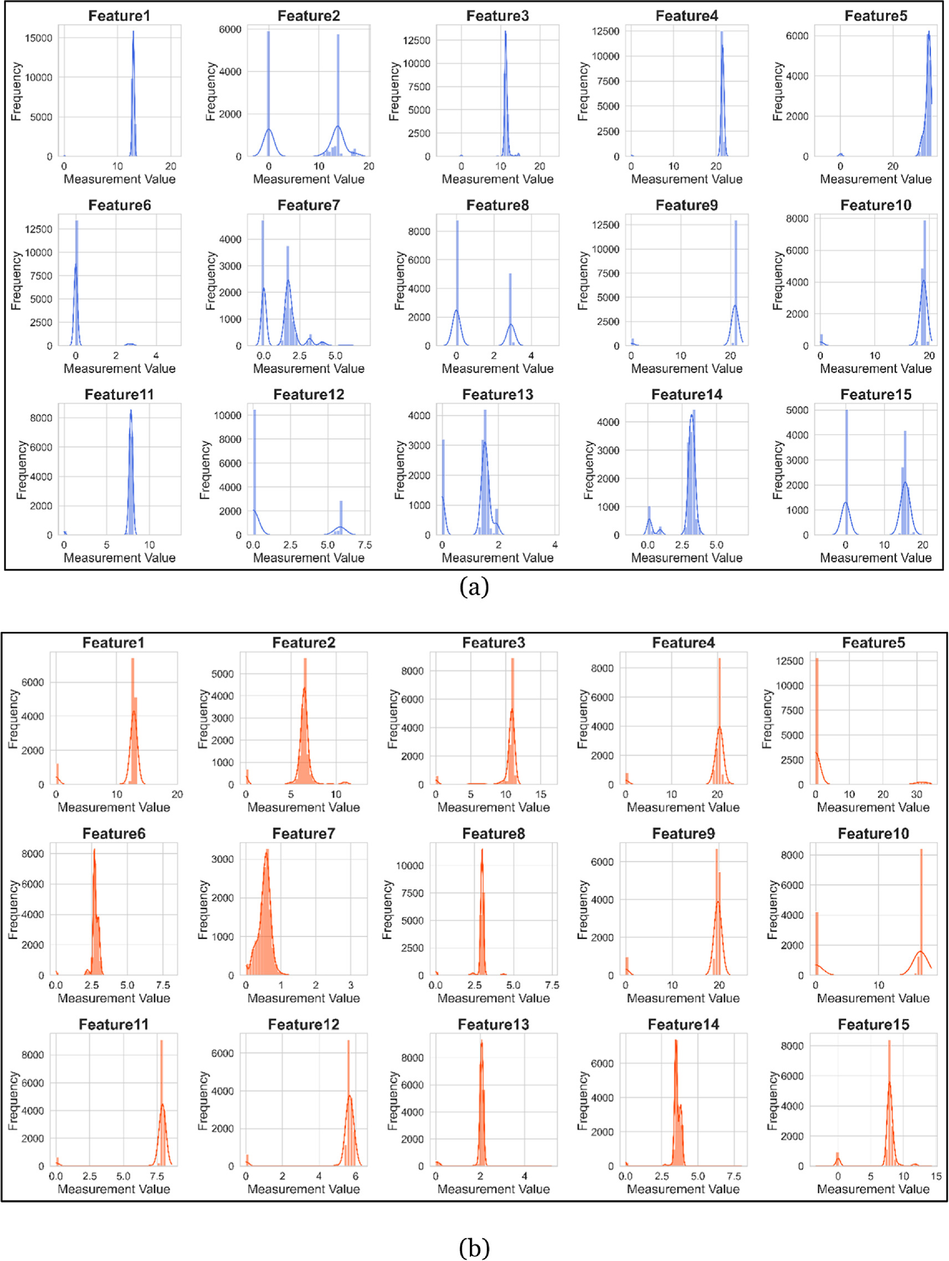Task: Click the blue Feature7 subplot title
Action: click(x=309, y=205)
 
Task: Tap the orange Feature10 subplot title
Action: click(x=873, y=833)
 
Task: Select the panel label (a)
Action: click(x=474, y=586)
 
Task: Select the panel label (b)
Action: click(x=474, y=1247)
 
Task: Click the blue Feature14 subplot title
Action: click(x=686, y=394)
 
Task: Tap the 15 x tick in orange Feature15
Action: click(x=935, y=1176)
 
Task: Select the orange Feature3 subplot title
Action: click(x=493, y=643)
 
